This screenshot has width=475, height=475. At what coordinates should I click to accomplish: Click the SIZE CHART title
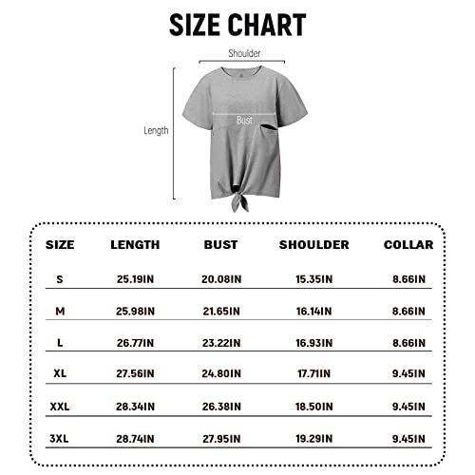click(237, 25)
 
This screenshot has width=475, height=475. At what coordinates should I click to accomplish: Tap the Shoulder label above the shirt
click(244, 54)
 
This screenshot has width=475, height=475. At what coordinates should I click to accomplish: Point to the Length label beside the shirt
click(156, 130)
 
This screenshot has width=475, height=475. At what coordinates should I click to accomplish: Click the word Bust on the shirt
click(244, 121)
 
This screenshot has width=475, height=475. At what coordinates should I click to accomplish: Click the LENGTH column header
click(134, 244)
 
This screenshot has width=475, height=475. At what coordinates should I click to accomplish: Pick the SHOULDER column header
click(313, 244)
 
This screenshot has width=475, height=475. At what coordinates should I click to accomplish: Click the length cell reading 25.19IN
click(134, 279)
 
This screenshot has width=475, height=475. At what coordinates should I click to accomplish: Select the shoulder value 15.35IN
click(313, 279)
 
